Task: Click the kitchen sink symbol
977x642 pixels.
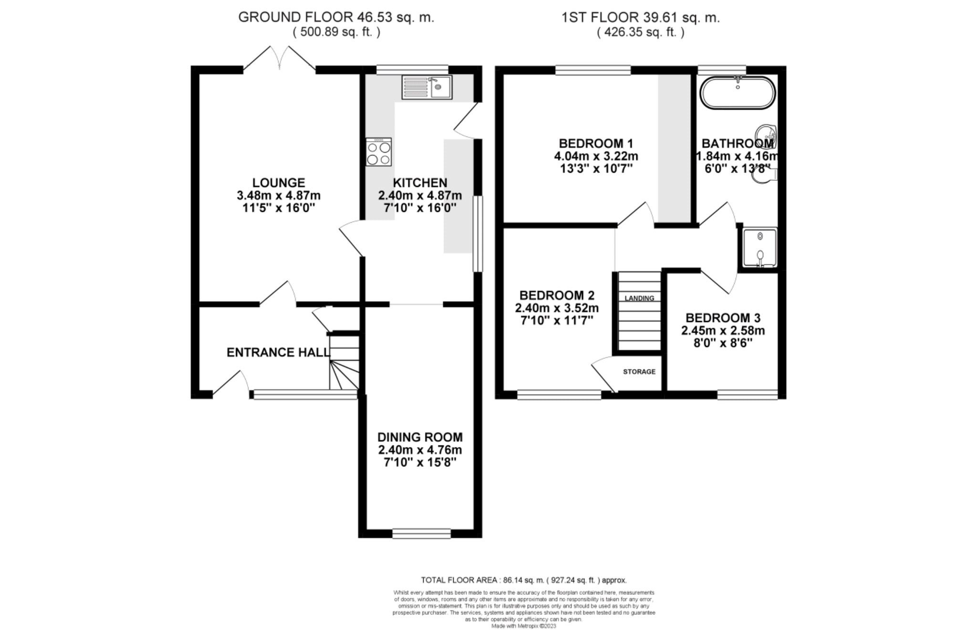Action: [x=426, y=87]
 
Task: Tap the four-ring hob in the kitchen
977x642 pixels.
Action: [x=379, y=152]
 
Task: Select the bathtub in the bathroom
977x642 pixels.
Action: [x=738, y=93]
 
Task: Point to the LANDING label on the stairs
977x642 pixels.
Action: [x=639, y=298]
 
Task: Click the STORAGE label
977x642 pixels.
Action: [x=639, y=372]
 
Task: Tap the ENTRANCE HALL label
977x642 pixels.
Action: [x=278, y=352]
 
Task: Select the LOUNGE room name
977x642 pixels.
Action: [x=279, y=183]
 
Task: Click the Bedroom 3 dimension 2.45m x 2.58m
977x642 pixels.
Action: [x=723, y=331]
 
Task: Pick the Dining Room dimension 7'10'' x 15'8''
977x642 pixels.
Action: [x=420, y=462]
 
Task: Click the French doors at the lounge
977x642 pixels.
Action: [x=280, y=60]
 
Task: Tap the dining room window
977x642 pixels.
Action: [x=421, y=533]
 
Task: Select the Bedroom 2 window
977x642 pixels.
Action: [x=559, y=394]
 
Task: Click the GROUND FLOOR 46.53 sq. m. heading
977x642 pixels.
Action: [x=336, y=18]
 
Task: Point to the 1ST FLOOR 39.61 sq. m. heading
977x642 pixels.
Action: [x=641, y=18]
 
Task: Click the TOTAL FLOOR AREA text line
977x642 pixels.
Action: [x=523, y=580]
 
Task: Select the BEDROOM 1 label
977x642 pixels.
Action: [x=596, y=143]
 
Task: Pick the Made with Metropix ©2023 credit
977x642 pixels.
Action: [x=523, y=626]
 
